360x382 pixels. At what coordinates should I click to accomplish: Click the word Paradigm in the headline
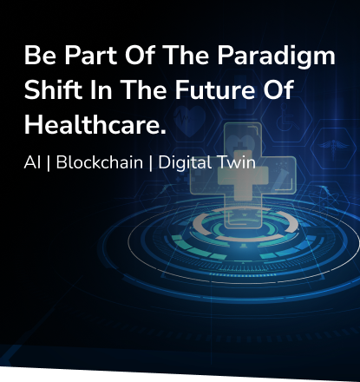pos(276,56)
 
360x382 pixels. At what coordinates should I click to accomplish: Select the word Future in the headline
pos(215,89)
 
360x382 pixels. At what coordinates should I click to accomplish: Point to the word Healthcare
pos(95,124)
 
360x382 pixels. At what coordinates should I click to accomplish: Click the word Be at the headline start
pos(40,55)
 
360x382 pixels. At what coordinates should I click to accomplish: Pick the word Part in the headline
pos(90,55)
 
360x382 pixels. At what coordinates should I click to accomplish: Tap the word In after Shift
pos(101,89)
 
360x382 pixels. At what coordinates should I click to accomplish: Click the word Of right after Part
pos(140,55)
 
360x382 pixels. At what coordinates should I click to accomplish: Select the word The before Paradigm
pos(186,55)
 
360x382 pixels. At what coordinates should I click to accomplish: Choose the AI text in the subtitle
pos(32,162)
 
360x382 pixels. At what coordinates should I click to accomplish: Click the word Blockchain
pos(100,162)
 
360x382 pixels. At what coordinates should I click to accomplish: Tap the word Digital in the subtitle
pos(185,163)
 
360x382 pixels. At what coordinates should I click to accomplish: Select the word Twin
pos(236,162)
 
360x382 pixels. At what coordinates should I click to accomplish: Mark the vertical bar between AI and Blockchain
pos(49,163)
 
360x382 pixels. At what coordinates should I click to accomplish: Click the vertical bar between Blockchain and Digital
pos(151,163)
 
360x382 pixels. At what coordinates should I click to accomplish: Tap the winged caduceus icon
pos(333,148)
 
